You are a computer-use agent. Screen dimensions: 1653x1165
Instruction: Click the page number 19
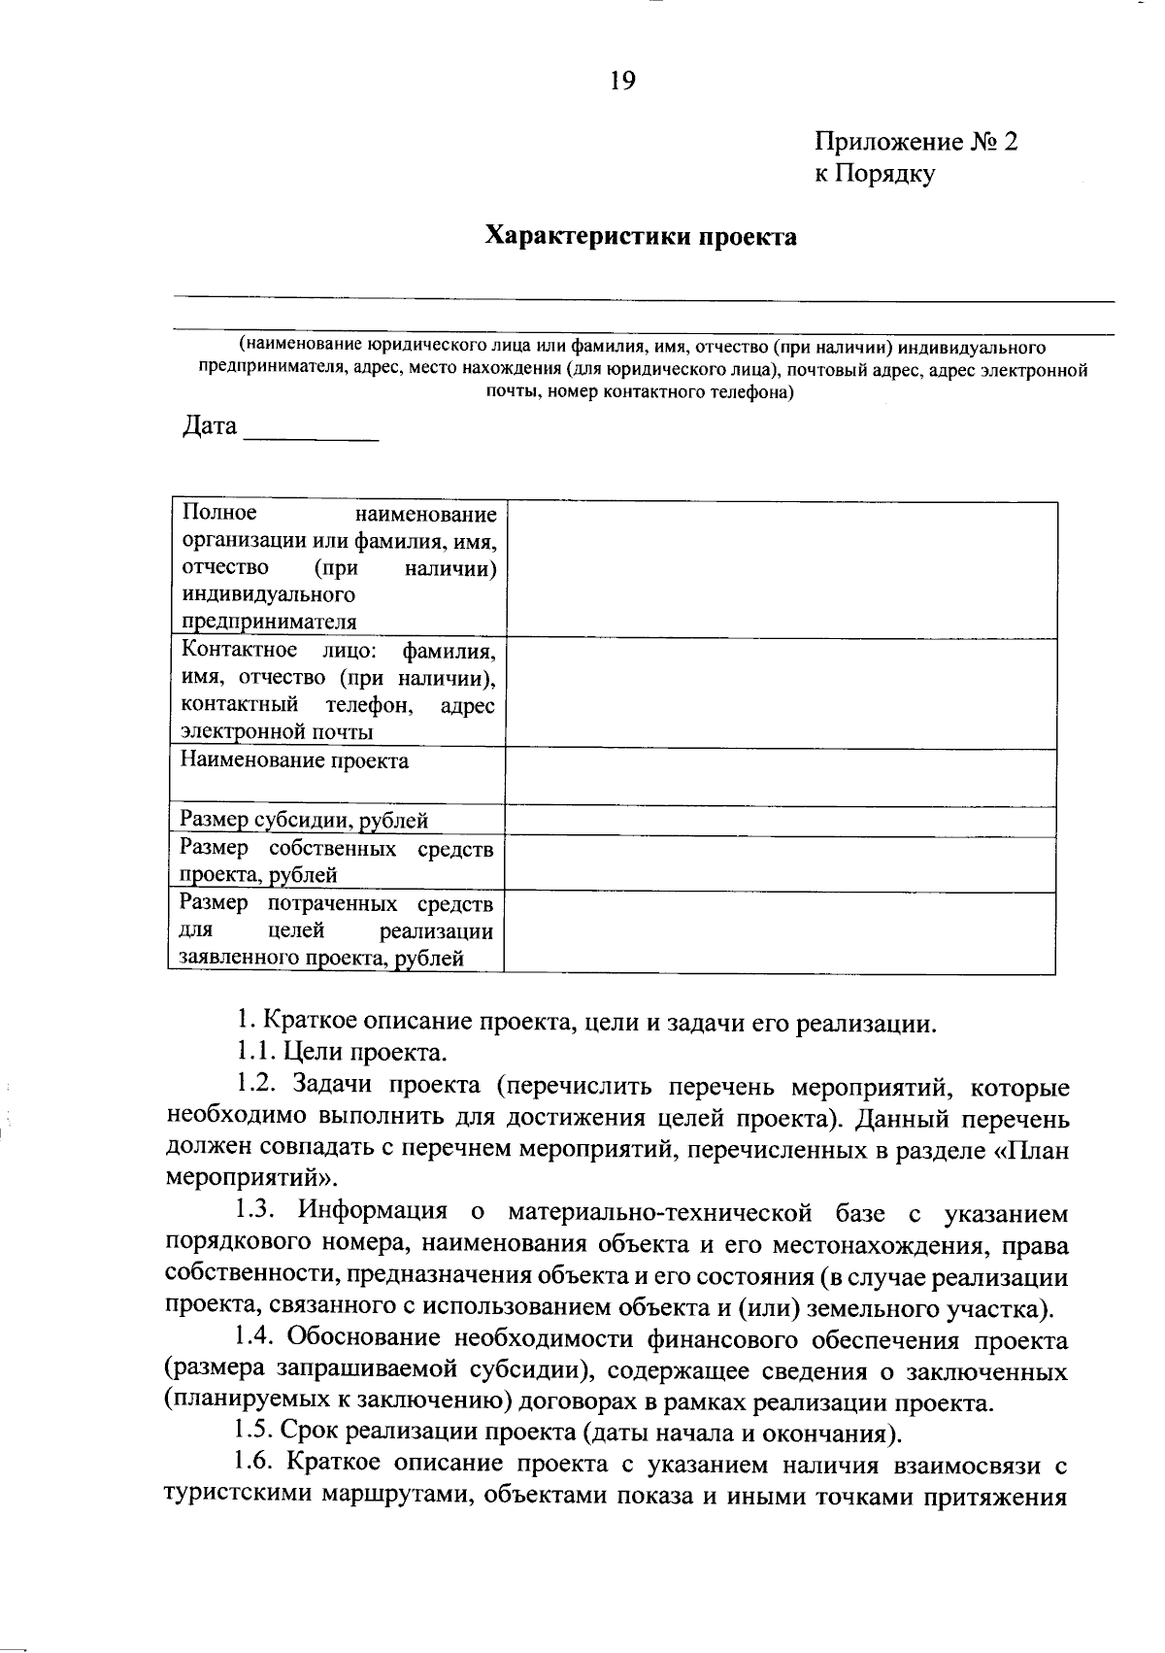tap(622, 81)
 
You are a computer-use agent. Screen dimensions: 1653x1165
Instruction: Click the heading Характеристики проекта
tap(641, 236)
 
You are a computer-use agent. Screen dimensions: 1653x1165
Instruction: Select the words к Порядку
tap(874, 174)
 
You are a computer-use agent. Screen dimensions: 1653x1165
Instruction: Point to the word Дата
tap(210, 425)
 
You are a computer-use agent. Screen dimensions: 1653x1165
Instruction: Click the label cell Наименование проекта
tap(295, 760)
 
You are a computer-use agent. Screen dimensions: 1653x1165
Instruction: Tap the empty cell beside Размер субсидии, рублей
tap(780, 822)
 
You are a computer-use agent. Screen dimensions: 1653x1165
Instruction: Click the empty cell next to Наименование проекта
tap(780, 777)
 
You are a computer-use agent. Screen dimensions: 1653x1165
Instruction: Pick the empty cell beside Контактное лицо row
tap(780, 692)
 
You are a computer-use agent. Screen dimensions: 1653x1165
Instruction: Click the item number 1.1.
tap(255, 1052)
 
